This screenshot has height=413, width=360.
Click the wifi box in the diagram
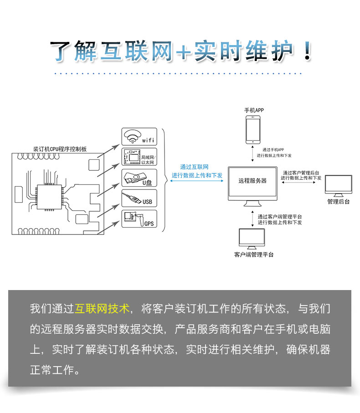point(139,137)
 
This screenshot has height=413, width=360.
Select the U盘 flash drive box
point(139,178)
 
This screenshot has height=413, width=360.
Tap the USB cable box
point(139,198)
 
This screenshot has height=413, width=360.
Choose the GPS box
point(139,219)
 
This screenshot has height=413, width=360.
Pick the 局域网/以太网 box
point(139,157)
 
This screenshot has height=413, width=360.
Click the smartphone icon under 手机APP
point(253,130)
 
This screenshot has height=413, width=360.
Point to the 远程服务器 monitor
point(252,186)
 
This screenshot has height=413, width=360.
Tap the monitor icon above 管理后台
point(339,186)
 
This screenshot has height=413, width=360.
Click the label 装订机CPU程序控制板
point(60,149)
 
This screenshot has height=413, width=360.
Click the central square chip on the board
point(49,197)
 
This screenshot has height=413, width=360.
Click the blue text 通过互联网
point(194,167)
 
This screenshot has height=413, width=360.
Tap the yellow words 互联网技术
point(102,308)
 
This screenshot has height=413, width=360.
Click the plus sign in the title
point(184,52)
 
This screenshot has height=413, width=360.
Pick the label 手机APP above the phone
point(254,110)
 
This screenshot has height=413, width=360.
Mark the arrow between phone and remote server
point(252,153)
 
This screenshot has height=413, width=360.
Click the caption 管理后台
point(339,202)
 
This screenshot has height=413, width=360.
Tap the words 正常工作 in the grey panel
point(52,370)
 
